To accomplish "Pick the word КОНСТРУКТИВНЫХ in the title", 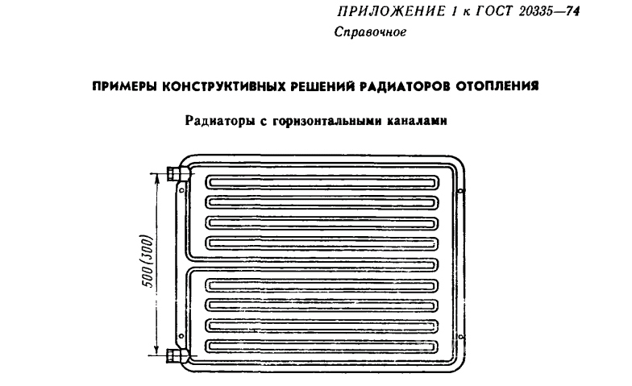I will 220,85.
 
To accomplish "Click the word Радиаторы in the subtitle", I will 218,122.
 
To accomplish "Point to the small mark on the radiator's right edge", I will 460,191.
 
